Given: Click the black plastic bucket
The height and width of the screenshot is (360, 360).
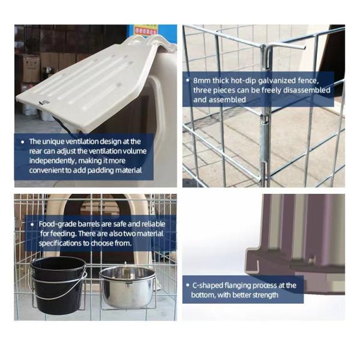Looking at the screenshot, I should [x=58, y=285].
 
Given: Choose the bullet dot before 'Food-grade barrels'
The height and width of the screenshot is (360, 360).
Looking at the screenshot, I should [x=33, y=224].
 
